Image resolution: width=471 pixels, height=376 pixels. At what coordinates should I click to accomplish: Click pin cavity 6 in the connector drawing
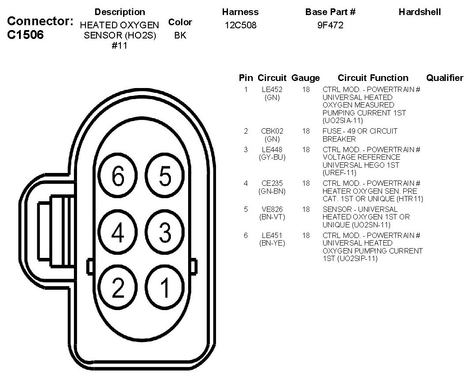pos(118,177)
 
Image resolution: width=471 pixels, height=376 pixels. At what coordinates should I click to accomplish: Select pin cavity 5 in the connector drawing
pos(165,177)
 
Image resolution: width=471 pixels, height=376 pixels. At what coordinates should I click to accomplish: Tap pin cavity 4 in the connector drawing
pos(118,233)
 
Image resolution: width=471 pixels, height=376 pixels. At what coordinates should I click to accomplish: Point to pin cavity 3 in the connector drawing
pos(165,233)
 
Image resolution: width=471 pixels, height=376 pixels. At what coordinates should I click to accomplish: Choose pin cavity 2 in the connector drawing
pos(118,288)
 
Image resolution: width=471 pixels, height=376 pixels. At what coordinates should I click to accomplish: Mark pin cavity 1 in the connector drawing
pos(165,288)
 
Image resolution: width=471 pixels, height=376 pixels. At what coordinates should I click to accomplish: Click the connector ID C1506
pos(26,35)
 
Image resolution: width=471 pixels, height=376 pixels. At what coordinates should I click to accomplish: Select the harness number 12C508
pos(240,26)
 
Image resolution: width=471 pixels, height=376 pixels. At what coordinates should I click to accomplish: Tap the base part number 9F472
pos(330,26)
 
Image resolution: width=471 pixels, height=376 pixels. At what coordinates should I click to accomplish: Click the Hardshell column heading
pos(420,12)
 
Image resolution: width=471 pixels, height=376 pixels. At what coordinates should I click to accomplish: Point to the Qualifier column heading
pos(444,78)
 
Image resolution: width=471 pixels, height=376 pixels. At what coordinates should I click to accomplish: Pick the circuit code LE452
pos(272,89)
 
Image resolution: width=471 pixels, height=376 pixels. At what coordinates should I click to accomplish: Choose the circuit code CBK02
pos(272,131)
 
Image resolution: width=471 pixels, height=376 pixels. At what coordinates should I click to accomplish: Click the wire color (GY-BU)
pos(272,157)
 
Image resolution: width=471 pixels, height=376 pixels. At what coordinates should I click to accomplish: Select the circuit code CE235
pos(272,183)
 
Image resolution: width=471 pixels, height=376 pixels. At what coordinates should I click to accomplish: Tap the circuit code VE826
pos(272,209)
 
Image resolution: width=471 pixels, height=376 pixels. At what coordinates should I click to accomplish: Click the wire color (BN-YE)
pos(272,243)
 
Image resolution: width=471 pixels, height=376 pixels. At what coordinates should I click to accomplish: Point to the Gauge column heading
pos(305,78)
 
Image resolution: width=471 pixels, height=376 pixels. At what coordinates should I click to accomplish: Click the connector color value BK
pos(180,35)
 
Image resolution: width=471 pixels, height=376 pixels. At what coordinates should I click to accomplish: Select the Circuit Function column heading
pos(373,78)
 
